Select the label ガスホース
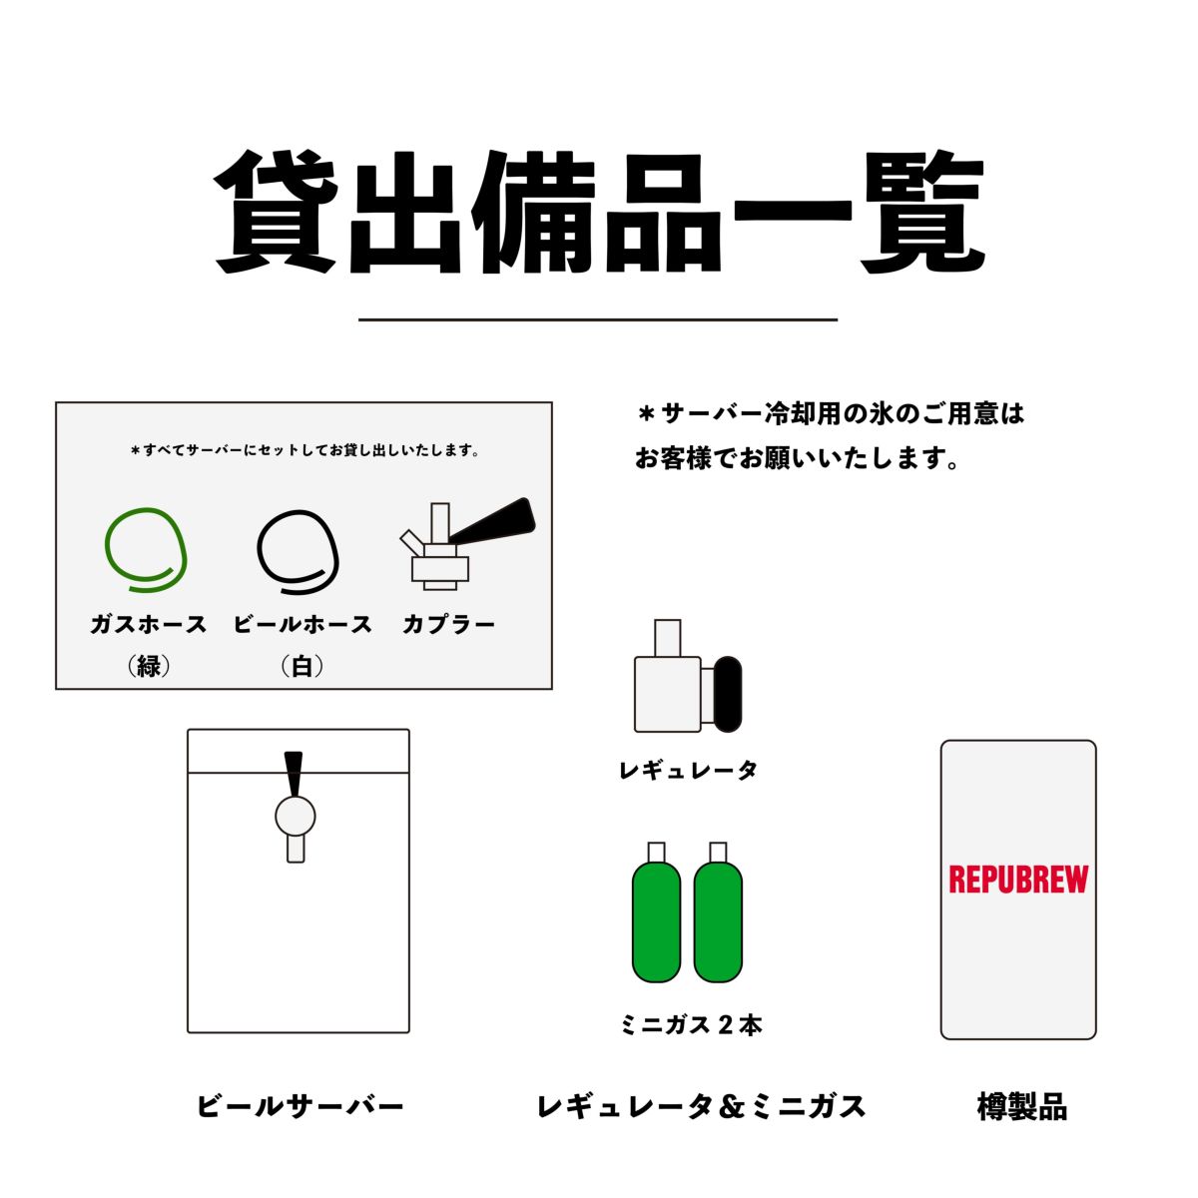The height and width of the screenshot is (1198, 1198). click(148, 624)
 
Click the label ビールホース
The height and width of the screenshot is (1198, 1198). click(302, 624)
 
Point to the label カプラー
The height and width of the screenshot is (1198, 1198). click(448, 624)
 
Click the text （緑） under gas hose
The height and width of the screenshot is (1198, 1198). click(148, 667)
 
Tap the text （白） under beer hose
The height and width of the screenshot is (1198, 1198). click(302, 667)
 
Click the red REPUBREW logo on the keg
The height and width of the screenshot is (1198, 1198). click(1017, 880)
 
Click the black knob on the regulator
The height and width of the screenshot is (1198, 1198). click(728, 694)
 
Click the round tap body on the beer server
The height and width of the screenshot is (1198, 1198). click(296, 817)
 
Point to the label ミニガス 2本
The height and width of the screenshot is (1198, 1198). click(691, 1025)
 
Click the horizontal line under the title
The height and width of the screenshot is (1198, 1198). click(598, 320)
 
